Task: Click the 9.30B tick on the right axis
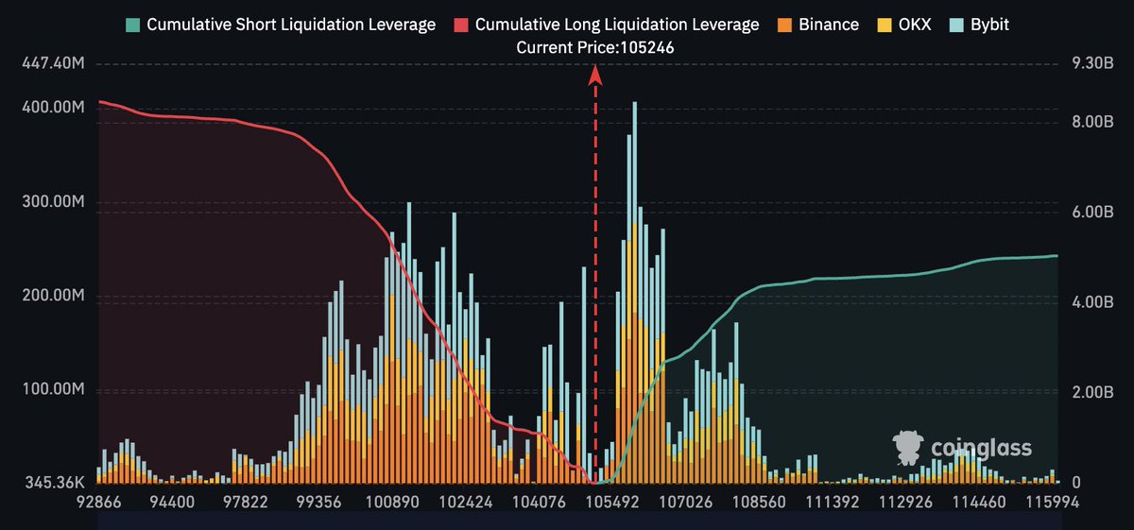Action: click(1081, 64)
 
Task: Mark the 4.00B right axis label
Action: click(1081, 302)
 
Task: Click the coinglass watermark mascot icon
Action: click(908, 448)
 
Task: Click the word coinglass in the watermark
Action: click(981, 449)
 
